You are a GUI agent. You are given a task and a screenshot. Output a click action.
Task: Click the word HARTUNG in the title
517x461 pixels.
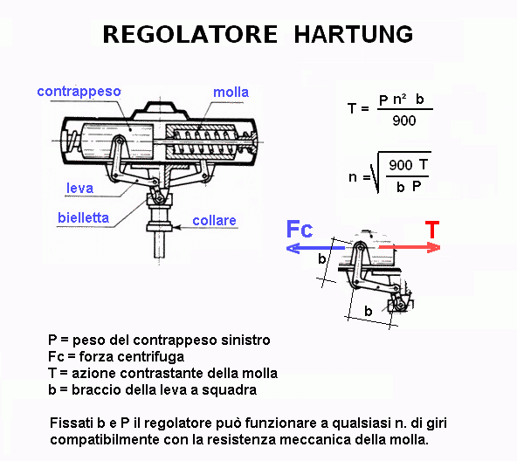point(353,34)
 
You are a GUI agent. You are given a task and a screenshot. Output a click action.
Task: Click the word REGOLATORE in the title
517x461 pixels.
point(190,34)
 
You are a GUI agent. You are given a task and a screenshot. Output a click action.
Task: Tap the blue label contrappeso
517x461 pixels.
point(79,92)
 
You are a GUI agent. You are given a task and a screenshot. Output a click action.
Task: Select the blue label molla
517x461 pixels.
point(231,92)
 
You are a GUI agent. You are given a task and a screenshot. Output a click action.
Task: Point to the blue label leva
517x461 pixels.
point(79,188)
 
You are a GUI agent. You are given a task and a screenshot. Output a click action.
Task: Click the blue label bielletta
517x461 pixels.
point(83,218)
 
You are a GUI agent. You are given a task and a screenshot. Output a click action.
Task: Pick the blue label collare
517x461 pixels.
point(214,221)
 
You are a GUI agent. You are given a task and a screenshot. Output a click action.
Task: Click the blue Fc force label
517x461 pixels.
point(300,229)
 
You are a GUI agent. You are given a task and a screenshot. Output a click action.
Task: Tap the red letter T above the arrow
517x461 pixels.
point(432,229)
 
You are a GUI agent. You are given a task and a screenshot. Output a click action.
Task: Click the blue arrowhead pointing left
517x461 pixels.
point(293,248)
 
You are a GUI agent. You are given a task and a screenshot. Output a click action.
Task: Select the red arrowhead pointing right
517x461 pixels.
point(434,248)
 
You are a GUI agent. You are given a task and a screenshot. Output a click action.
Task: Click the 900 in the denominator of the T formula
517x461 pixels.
point(403,121)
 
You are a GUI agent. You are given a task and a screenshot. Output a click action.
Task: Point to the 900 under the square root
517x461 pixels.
point(400,165)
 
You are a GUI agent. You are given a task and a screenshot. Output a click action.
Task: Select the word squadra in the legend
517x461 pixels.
point(229,390)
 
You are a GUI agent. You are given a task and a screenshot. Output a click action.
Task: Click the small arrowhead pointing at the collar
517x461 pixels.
point(176,227)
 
